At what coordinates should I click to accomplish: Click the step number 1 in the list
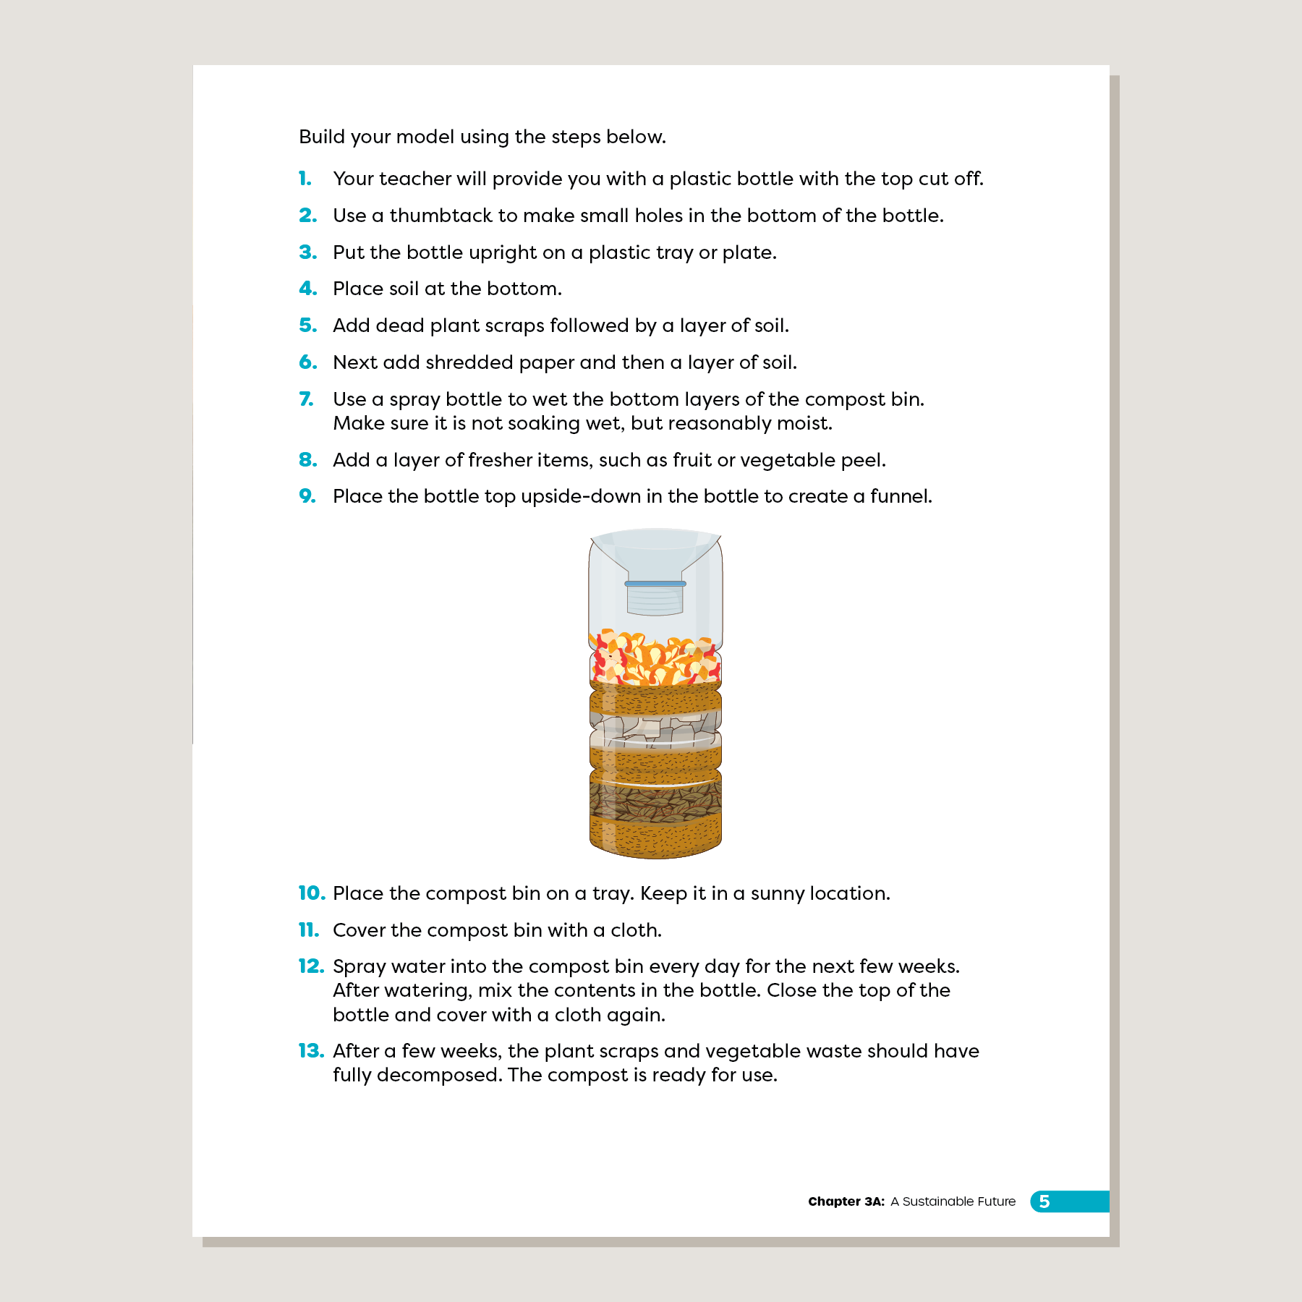[x=305, y=179]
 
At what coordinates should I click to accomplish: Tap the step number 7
[x=307, y=399]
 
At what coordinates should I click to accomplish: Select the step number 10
[x=312, y=893]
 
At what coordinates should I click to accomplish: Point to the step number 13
[x=311, y=1051]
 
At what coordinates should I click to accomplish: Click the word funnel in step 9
[x=901, y=496]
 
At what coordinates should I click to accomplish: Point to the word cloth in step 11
[x=636, y=930]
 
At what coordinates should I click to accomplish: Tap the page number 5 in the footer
[x=1044, y=1201]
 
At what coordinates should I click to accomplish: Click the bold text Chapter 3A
[x=846, y=1201]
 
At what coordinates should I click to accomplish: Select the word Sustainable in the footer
[x=937, y=1201]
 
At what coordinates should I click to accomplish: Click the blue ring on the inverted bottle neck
[x=655, y=583]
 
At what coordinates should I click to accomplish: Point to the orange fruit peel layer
[x=655, y=658]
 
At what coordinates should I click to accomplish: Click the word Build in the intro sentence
[x=321, y=137]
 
